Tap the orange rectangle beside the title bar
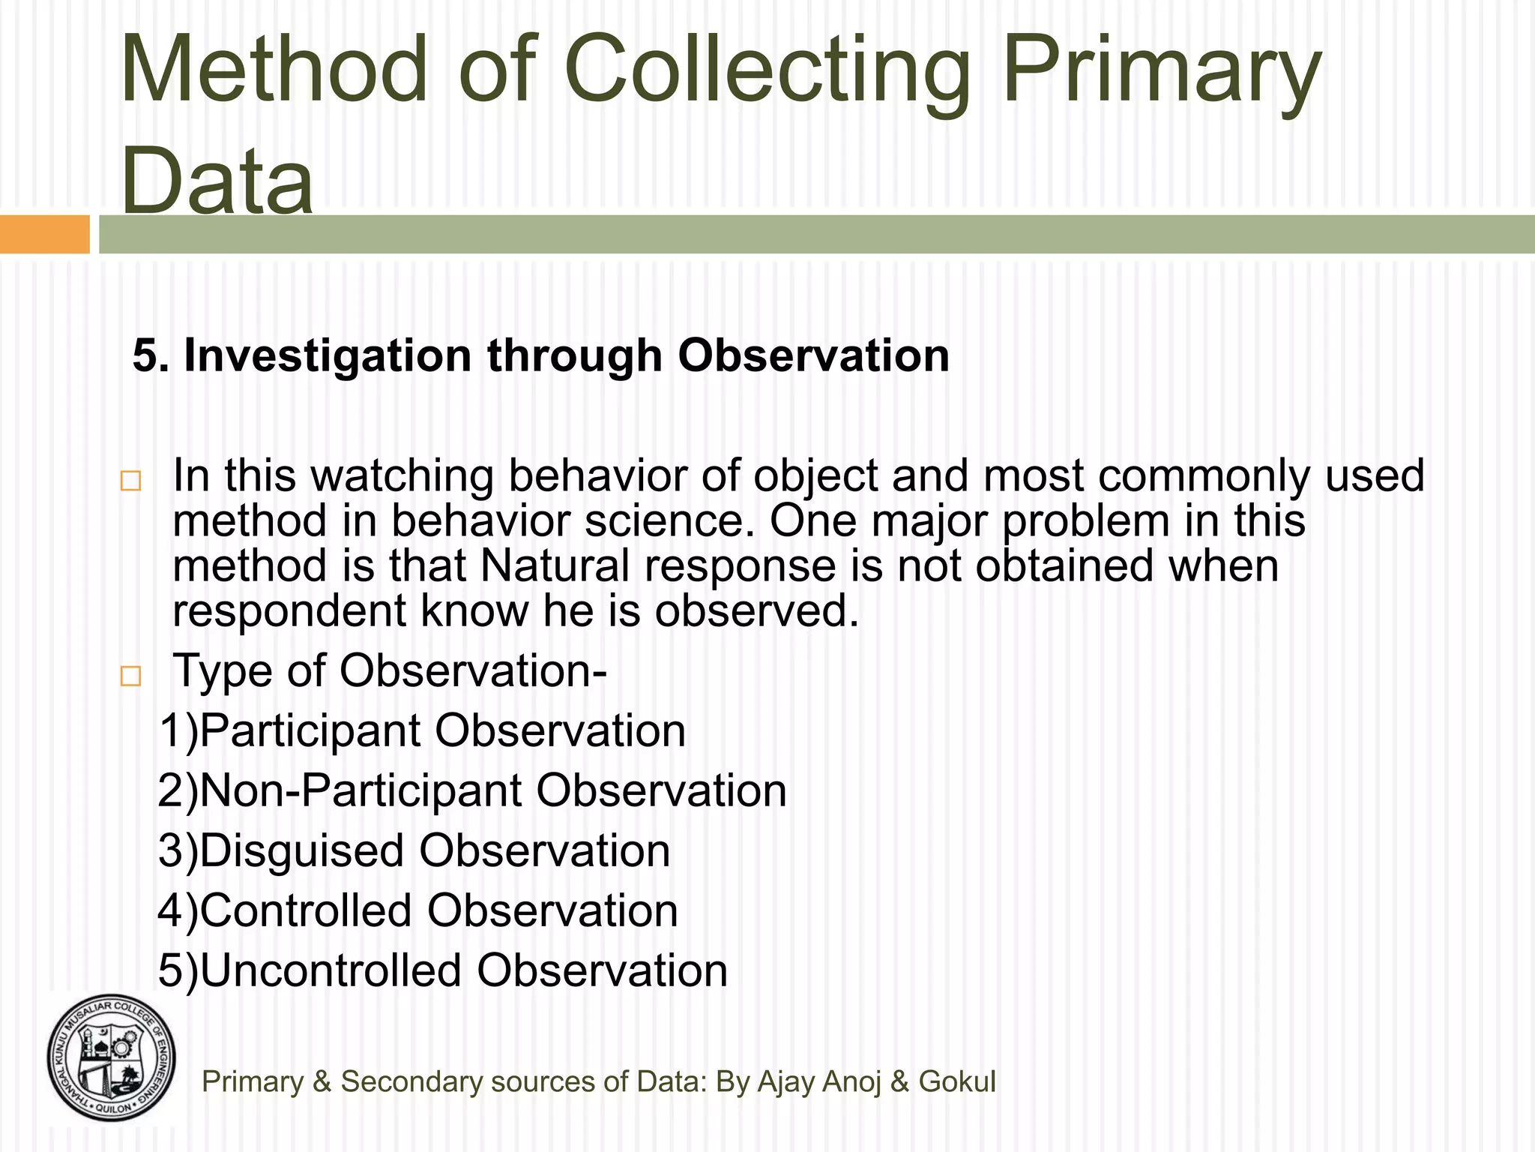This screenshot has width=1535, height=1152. pos(44,234)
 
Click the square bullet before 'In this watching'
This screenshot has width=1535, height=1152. pos(130,481)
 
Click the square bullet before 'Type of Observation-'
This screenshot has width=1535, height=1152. pos(130,676)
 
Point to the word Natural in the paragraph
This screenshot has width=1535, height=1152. pos(555,565)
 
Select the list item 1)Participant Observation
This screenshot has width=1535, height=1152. pos(422,730)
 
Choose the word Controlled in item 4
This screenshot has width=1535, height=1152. pos(306,910)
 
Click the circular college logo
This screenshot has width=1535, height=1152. pos(112,1058)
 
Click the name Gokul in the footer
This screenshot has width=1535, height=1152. pos(957,1081)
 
